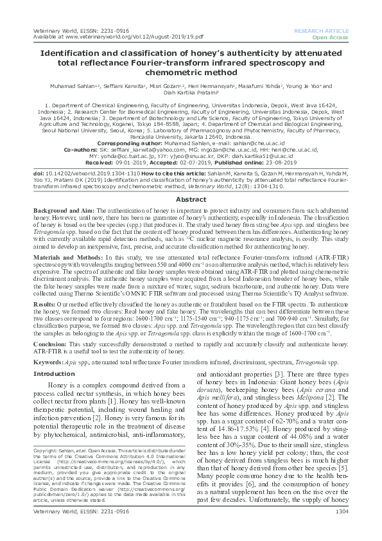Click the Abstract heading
pyautogui.click(x=191, y=181)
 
